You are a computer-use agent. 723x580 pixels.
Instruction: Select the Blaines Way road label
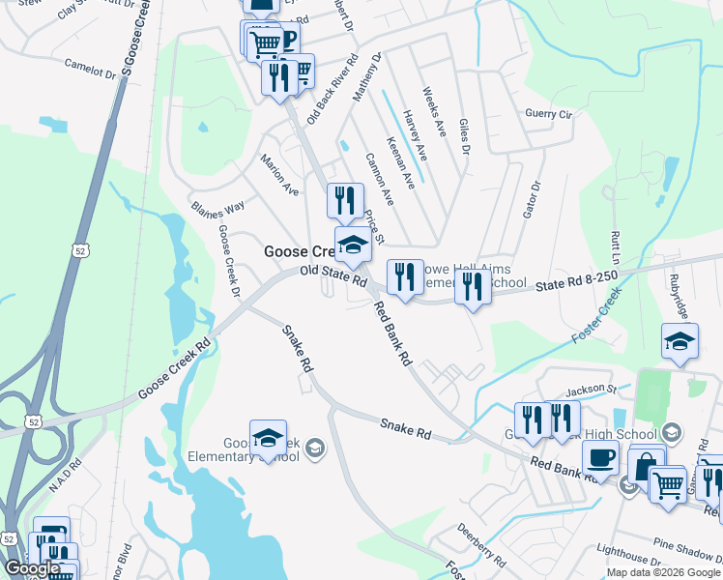[x=217, y=209]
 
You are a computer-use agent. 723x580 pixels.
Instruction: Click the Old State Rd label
[x=333, y=276]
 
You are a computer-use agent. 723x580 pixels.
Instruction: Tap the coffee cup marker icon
[x=600, y=455]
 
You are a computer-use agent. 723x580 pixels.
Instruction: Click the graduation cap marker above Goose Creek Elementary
[x=268, y=437]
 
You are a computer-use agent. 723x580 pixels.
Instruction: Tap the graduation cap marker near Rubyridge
[x=680, y=340]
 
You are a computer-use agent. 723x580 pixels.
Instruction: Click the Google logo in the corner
[x=32, y=568]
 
